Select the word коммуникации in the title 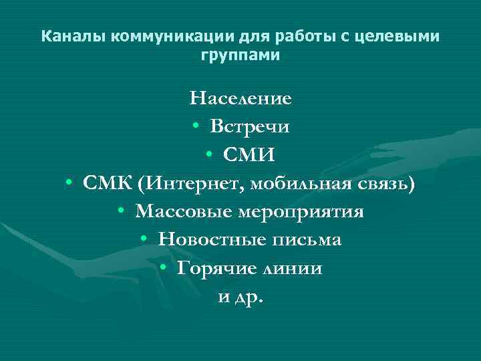[141, 36]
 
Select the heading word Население [240, 99]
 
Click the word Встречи [250, 127]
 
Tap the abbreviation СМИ [250, 155]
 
